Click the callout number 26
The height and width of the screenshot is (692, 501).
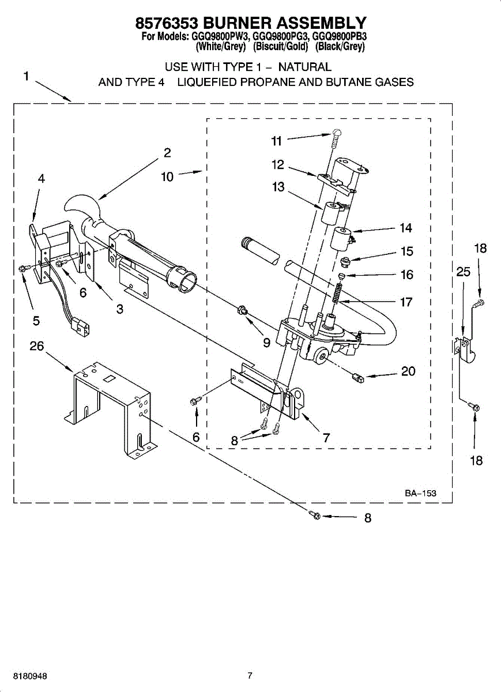coord(37,346)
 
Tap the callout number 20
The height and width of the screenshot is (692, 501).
coord(408,371)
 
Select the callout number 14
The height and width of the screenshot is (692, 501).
coord(406,228)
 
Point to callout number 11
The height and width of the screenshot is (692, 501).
coord(277,141)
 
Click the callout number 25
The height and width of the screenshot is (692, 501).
coord(464,272)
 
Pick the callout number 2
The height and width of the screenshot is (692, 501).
coord(167,153)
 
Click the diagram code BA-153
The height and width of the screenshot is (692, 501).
coord(420,493)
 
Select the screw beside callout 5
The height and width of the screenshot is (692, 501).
coord(23,268)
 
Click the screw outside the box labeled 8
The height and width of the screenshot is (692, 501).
coord(315,515)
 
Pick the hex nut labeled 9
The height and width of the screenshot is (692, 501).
coord(242,312)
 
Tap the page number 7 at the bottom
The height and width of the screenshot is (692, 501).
coord(250,675)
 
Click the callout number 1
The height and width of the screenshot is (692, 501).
coord(27,76)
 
